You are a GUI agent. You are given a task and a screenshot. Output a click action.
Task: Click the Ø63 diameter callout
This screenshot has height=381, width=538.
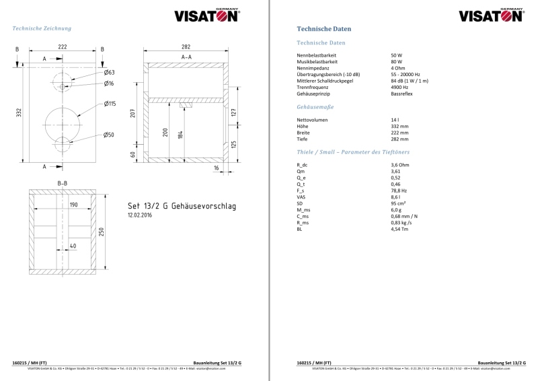click(110, 72)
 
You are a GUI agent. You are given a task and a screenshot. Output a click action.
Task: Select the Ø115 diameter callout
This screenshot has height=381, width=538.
click(110, 104)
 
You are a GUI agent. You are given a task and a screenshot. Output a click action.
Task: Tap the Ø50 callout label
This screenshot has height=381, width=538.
click(110, 135)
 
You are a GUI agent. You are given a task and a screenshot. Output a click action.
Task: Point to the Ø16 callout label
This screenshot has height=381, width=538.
click(110, 83)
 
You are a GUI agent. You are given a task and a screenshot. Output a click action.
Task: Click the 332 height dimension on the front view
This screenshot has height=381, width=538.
click(19, 113)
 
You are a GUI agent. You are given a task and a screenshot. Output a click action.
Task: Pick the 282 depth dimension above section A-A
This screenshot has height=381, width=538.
click(186, 47)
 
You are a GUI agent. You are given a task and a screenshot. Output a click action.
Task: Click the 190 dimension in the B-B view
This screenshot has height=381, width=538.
click(74, 205)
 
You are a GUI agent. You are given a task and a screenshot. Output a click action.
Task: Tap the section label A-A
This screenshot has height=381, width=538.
click(186, 58)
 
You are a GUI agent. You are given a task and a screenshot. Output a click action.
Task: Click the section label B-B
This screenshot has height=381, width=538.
click(63, 183)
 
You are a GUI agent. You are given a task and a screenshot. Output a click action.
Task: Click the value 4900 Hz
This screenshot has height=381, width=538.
click(399, 87)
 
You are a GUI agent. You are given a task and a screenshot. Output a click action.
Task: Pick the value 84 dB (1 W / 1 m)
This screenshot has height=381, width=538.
click(409, 81)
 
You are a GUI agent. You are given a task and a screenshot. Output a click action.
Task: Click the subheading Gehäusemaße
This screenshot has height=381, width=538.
click(315, 107)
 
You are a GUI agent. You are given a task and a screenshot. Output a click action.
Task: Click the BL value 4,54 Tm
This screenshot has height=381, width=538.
click(399, 230)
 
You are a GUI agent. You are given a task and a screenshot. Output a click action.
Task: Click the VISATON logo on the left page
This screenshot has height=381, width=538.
click(206, 15)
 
